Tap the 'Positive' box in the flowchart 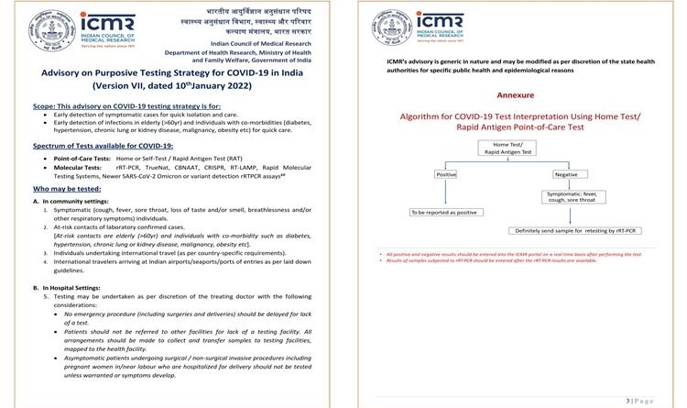pyautogui.click(x=446, y=173)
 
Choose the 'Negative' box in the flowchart pyautogui.click(x=567, y=173)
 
